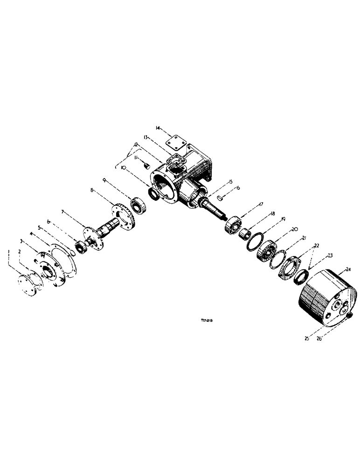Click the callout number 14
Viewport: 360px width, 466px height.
158,127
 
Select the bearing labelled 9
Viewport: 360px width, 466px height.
138,206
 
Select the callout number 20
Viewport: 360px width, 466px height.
294,229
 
